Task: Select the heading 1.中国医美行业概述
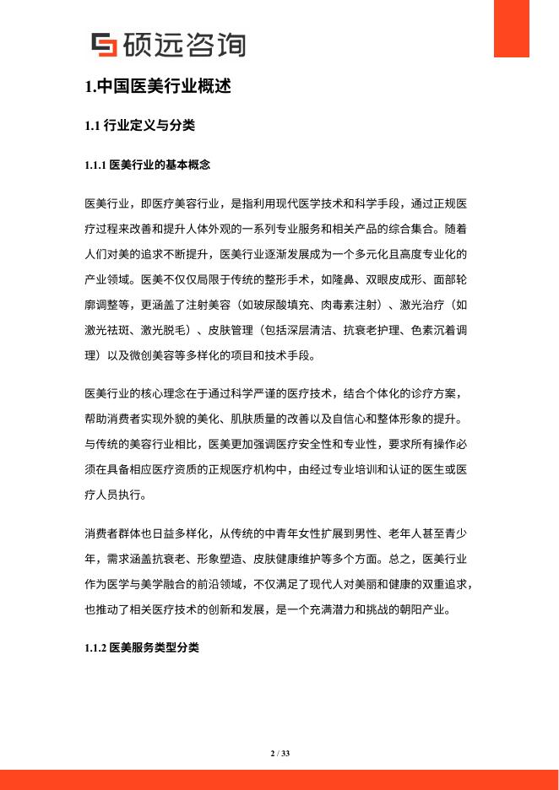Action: pyautogui.click(x=158, y=86)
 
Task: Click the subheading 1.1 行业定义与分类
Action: pyautogui.click(x=140, y=127)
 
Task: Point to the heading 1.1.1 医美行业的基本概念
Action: pyautogui.click(x=148, y=165)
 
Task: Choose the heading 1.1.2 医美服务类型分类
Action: pyautogui.click(x=142, y=648)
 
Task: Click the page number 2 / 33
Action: pyautogui.click(x=279, y=753)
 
